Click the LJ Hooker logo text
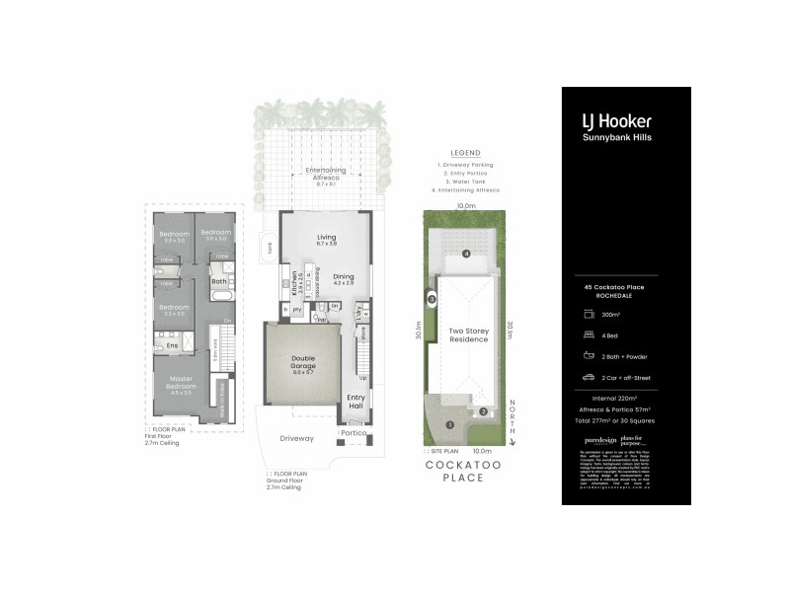[x=615, y=121]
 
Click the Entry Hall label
[x=356, y=402]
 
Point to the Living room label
[x=326, y=238]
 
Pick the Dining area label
[x=343, y=278]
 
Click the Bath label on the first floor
[x=218, y=281]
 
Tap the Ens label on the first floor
[x=171, y=345]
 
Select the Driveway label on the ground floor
[x=296, y=438]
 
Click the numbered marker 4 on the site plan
[x=465, y=254]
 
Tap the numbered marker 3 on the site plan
[x=432, y=298]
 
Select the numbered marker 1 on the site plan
[x=450, y=424]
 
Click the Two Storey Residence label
[x=469, y=335]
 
